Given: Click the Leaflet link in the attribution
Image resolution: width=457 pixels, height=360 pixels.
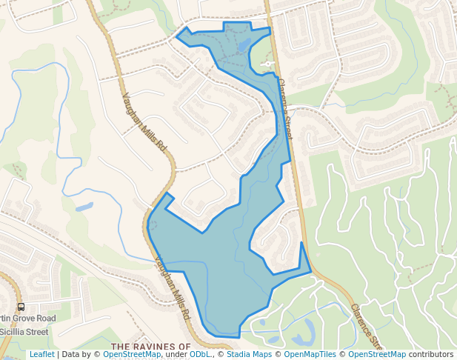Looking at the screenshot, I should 41,355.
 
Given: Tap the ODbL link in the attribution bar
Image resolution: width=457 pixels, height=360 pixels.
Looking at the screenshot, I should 200,355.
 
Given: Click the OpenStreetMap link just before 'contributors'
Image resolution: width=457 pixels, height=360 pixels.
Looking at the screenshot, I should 376,355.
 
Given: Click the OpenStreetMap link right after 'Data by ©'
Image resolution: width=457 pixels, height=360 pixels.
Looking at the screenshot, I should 131,355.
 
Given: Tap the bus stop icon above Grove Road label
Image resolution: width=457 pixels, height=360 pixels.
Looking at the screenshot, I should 21,307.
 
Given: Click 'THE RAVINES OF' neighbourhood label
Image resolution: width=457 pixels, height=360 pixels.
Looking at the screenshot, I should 151,346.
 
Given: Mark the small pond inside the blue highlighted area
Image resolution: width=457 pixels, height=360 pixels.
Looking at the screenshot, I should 242,47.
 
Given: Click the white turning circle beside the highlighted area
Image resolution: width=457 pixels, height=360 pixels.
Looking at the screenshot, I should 266,64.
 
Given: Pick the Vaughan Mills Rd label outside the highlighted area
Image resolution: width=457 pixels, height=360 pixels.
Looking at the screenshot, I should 144,122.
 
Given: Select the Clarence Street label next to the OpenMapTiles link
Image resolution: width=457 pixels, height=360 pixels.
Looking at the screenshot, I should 365,325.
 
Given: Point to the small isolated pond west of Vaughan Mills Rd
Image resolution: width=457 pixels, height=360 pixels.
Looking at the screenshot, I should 84,207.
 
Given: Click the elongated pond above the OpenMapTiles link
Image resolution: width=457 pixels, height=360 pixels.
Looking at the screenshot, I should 302,340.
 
